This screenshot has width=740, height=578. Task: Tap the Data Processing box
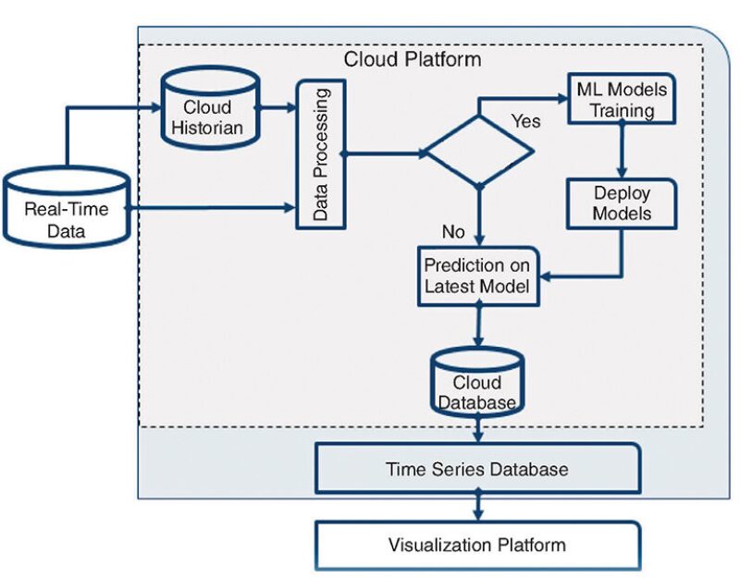319,155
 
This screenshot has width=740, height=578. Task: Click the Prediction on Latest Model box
478,274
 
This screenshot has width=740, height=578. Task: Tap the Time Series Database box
477,469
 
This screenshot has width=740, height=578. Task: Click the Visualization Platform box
477,545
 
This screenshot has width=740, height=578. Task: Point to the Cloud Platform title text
413,60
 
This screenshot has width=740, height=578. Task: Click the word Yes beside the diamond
525,122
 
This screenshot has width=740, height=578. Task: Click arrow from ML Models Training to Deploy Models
623,151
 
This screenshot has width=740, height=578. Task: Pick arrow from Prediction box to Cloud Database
478,326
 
